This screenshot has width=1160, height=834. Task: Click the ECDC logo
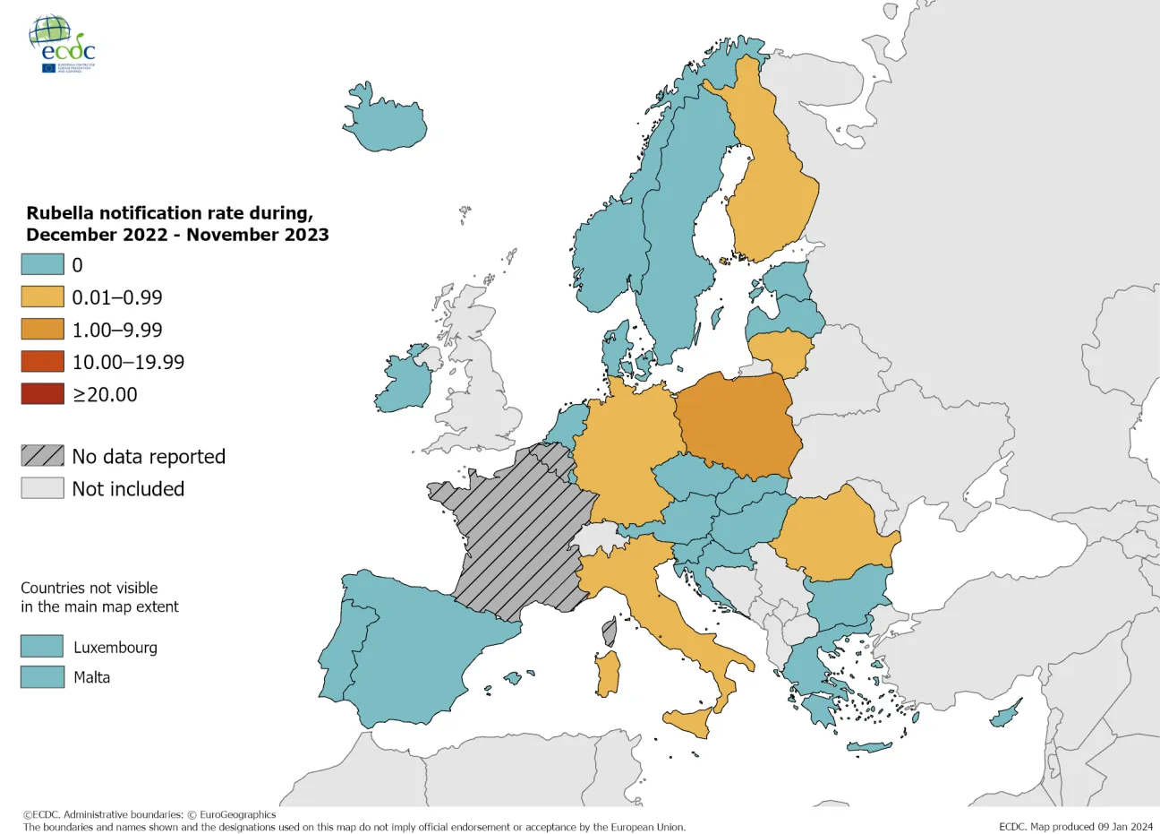pyautogui.click(x=63, y=43)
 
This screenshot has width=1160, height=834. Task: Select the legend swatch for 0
pyautogui.click(x=42, y=264)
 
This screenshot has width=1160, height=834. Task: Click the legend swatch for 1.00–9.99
pyautogui.click(x=42, y=329)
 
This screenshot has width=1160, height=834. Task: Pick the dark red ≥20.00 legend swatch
pyautogui.click(x=42, y=394)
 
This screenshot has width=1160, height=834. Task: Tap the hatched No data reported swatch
pyautogui.click(x=42, y=456)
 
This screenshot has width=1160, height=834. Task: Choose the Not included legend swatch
pyautogui.click(x=42, y=488)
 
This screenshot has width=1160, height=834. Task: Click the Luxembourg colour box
pyautogui.click(x=42, y=647)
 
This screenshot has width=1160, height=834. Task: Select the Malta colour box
pyautogui.click(x=42, y=677)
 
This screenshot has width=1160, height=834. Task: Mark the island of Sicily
pyautogui.click(x=689, y=720)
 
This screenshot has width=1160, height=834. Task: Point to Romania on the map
pyautogui.click(x=832, y=533)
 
